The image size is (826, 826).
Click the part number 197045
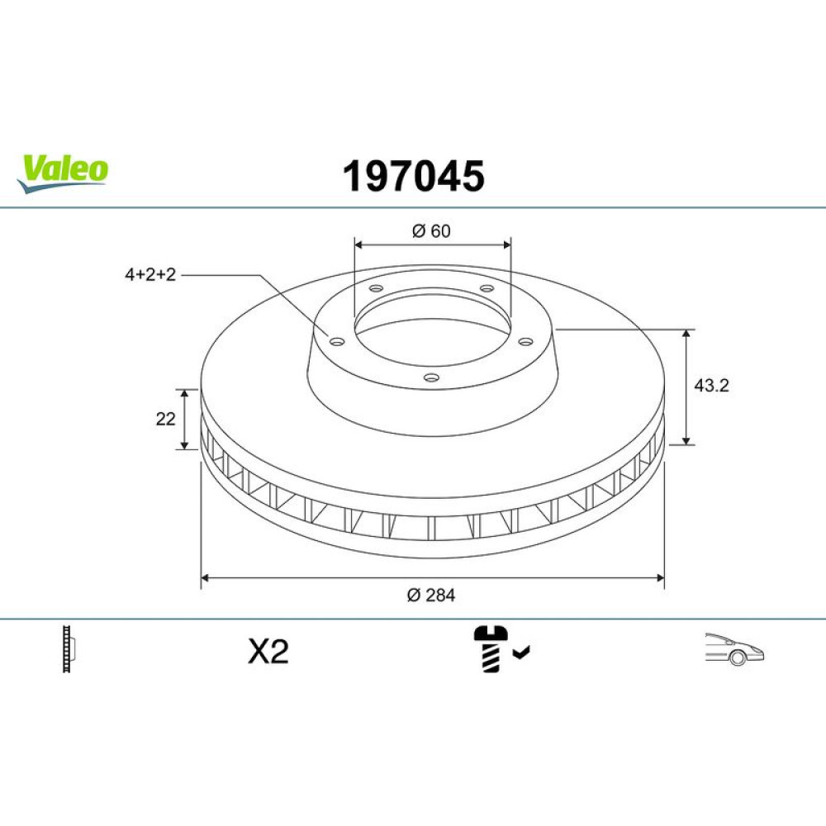click(x=414, y=176)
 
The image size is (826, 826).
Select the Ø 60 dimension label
click(x=431, y=230)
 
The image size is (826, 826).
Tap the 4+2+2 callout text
click(x=150, y=274)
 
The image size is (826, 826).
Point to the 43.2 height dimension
click(x=711, y=386)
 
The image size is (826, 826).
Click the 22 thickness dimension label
click(x=165, y=419)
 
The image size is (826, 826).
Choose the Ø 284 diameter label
click(x=431, y=596)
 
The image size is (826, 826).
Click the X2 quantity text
click(x=268, y=652)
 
